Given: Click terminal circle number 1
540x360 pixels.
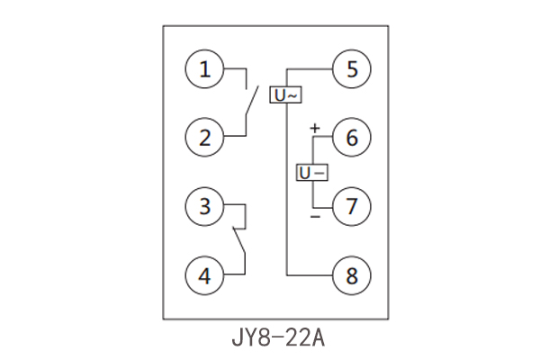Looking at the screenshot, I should click(206, 68).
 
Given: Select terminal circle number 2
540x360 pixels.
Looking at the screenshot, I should click(206, 138).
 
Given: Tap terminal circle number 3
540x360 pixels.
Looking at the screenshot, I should click(206, 206).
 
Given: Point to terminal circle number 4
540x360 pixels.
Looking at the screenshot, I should click(206, 274).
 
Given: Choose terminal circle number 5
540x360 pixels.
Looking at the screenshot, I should click(352, 68).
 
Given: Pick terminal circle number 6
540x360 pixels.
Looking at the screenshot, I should click(352, 138).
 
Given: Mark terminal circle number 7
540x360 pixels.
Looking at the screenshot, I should click(352, 206).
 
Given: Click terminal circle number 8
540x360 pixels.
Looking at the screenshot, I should click(352, 274).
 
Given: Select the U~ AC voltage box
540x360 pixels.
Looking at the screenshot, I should click(286, 94).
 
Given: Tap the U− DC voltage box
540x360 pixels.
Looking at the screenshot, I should click(311, 172).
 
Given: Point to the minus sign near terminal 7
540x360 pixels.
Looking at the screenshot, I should click(315, 217).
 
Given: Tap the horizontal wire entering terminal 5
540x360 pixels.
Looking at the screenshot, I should click(310, 68).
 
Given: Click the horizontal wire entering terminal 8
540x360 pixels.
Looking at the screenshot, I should click(310, 274).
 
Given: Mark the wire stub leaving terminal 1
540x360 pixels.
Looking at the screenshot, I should click(236, 68).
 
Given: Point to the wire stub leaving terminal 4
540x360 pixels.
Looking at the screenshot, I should click(236, 274).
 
